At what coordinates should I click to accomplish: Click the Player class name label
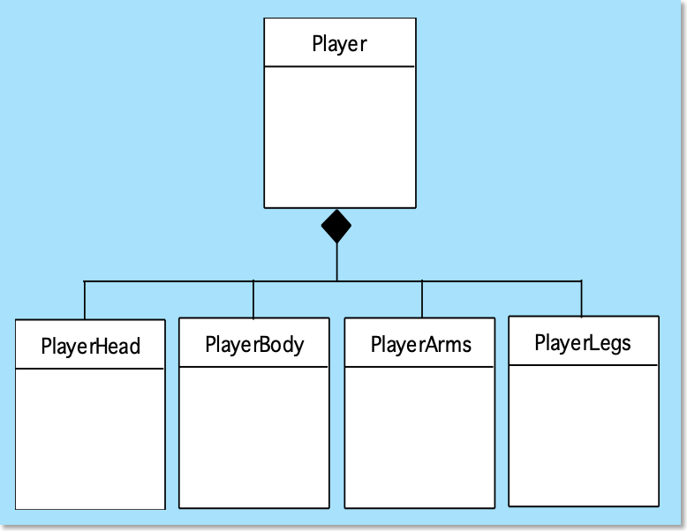pyautogui.click(x=340, y=44)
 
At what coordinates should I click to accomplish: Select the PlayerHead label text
pyautogui.click(x=91, y=346)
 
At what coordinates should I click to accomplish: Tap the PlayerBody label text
pyautogui.click(x=254, y=345)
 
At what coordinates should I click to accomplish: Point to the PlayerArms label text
pyautogui.click(x=421, y=344)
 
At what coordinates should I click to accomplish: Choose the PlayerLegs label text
pyautogui.click(x=583, y=343)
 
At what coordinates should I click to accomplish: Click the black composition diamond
pyautogui.click(x=336, y=226)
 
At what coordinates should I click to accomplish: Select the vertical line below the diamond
pyautogui.click(x=336, y=262)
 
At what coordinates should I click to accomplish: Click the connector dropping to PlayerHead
pyautogui.click(x=85, y=300)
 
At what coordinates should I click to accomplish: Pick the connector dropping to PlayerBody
pyautogui.click(x=253, y=299)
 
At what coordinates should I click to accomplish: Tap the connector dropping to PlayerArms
pyautogui.click(x=422, y=299)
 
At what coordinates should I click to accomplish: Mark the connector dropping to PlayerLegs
pyautogui.click(x=581, y=298)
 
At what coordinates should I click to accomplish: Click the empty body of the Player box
pyautogui.click(x=340, y=137)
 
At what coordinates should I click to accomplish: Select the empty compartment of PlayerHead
pyautogui.click(x=90, y=438)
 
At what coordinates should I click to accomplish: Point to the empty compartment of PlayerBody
pyautogui.click(x=254, y=437)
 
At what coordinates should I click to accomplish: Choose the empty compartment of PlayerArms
pyautogui.click(x=419, y=437)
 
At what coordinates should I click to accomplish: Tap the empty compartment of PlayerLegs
pyautogui.click(x=584, y=435)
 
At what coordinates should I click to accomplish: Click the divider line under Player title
pyautogui.click(x=340, y=66)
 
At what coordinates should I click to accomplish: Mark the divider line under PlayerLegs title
pyautogui.click(x=584, y=364)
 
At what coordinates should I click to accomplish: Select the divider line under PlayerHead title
pyautogui.click(x=90, y=369)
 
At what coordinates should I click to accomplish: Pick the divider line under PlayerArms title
pyautogui.click(x=419, y=367)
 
